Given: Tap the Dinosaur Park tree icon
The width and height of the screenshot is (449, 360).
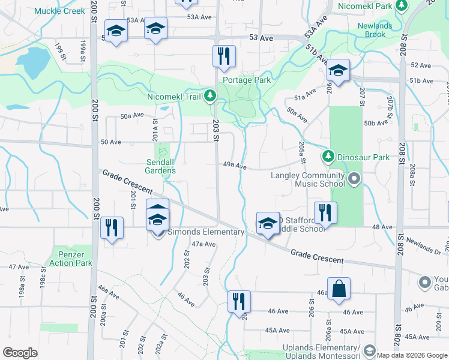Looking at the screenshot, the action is pos(328,157).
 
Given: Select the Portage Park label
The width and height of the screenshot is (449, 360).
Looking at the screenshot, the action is pos(246,80).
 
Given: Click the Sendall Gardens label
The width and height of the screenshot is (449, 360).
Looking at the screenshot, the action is pos(161,166).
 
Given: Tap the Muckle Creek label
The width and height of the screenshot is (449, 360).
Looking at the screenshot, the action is pos(60,11).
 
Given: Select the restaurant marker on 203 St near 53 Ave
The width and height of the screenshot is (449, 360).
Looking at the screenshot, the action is pos(224,56).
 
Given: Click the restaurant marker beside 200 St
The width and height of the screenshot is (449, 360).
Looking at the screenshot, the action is pos(112,227).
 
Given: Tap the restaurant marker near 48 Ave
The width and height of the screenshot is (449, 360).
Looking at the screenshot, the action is pos(325,212).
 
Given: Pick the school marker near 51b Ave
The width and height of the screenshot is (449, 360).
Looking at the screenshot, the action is pos(338,70).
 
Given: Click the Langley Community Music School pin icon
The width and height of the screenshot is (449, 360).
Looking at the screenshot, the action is pos(354,179).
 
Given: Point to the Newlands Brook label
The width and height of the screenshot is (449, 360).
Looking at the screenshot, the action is pos(375,30).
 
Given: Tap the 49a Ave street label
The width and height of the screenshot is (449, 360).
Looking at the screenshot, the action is pos(235,166).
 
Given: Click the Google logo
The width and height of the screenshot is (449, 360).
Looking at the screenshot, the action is pos(20,353).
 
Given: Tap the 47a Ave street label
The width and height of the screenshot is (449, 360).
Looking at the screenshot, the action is pos(203,244).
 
